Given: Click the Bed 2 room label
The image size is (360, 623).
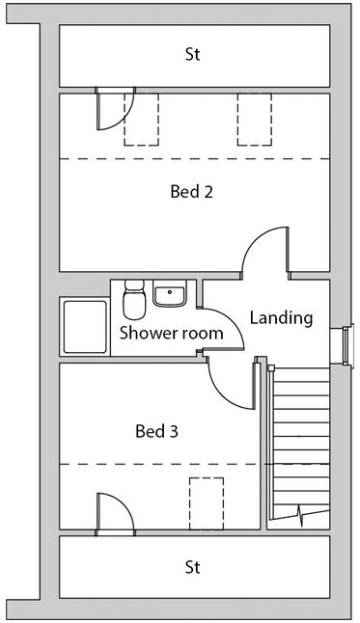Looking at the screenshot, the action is [x=192, y=192].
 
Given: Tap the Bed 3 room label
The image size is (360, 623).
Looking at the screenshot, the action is [x=156, y=431].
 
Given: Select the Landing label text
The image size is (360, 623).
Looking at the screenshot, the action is [x=281, y=318].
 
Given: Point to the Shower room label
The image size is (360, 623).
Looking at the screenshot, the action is [x=172, y=333].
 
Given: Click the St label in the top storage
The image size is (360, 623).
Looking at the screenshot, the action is [x=193, y=54].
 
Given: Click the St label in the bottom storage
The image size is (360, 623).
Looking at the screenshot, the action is [x=193, y=567].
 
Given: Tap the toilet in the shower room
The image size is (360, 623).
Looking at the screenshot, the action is [x=134, y=300].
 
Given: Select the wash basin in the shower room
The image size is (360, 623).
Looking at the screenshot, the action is [x=170, y=293].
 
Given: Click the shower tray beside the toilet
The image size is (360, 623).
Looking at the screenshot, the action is [x=85, y=327].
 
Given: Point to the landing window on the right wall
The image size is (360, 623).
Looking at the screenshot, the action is [x=347, y=346].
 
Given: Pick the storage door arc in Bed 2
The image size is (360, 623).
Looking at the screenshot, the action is [x=121, y=120].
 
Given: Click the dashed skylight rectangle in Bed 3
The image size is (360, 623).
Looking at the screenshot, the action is [x=207, y=503].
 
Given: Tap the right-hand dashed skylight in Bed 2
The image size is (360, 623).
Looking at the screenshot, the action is [x=255, y=120].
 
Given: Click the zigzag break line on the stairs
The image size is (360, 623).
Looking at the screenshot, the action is [x=301, y=515].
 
